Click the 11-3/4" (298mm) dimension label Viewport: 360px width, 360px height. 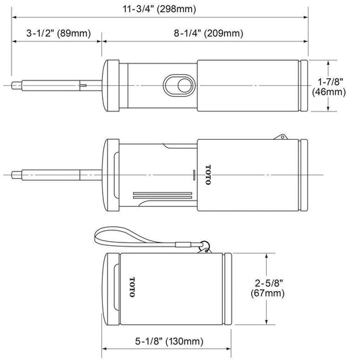159,9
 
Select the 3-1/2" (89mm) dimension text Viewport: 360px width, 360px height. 59,33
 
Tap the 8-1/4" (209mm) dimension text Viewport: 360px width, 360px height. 208,33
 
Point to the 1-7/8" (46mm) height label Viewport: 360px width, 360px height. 329,86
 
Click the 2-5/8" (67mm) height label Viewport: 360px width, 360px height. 267,288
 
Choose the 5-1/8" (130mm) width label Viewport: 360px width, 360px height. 169,341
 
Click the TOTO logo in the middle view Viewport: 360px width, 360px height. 208,175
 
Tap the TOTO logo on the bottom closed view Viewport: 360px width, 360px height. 132,287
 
